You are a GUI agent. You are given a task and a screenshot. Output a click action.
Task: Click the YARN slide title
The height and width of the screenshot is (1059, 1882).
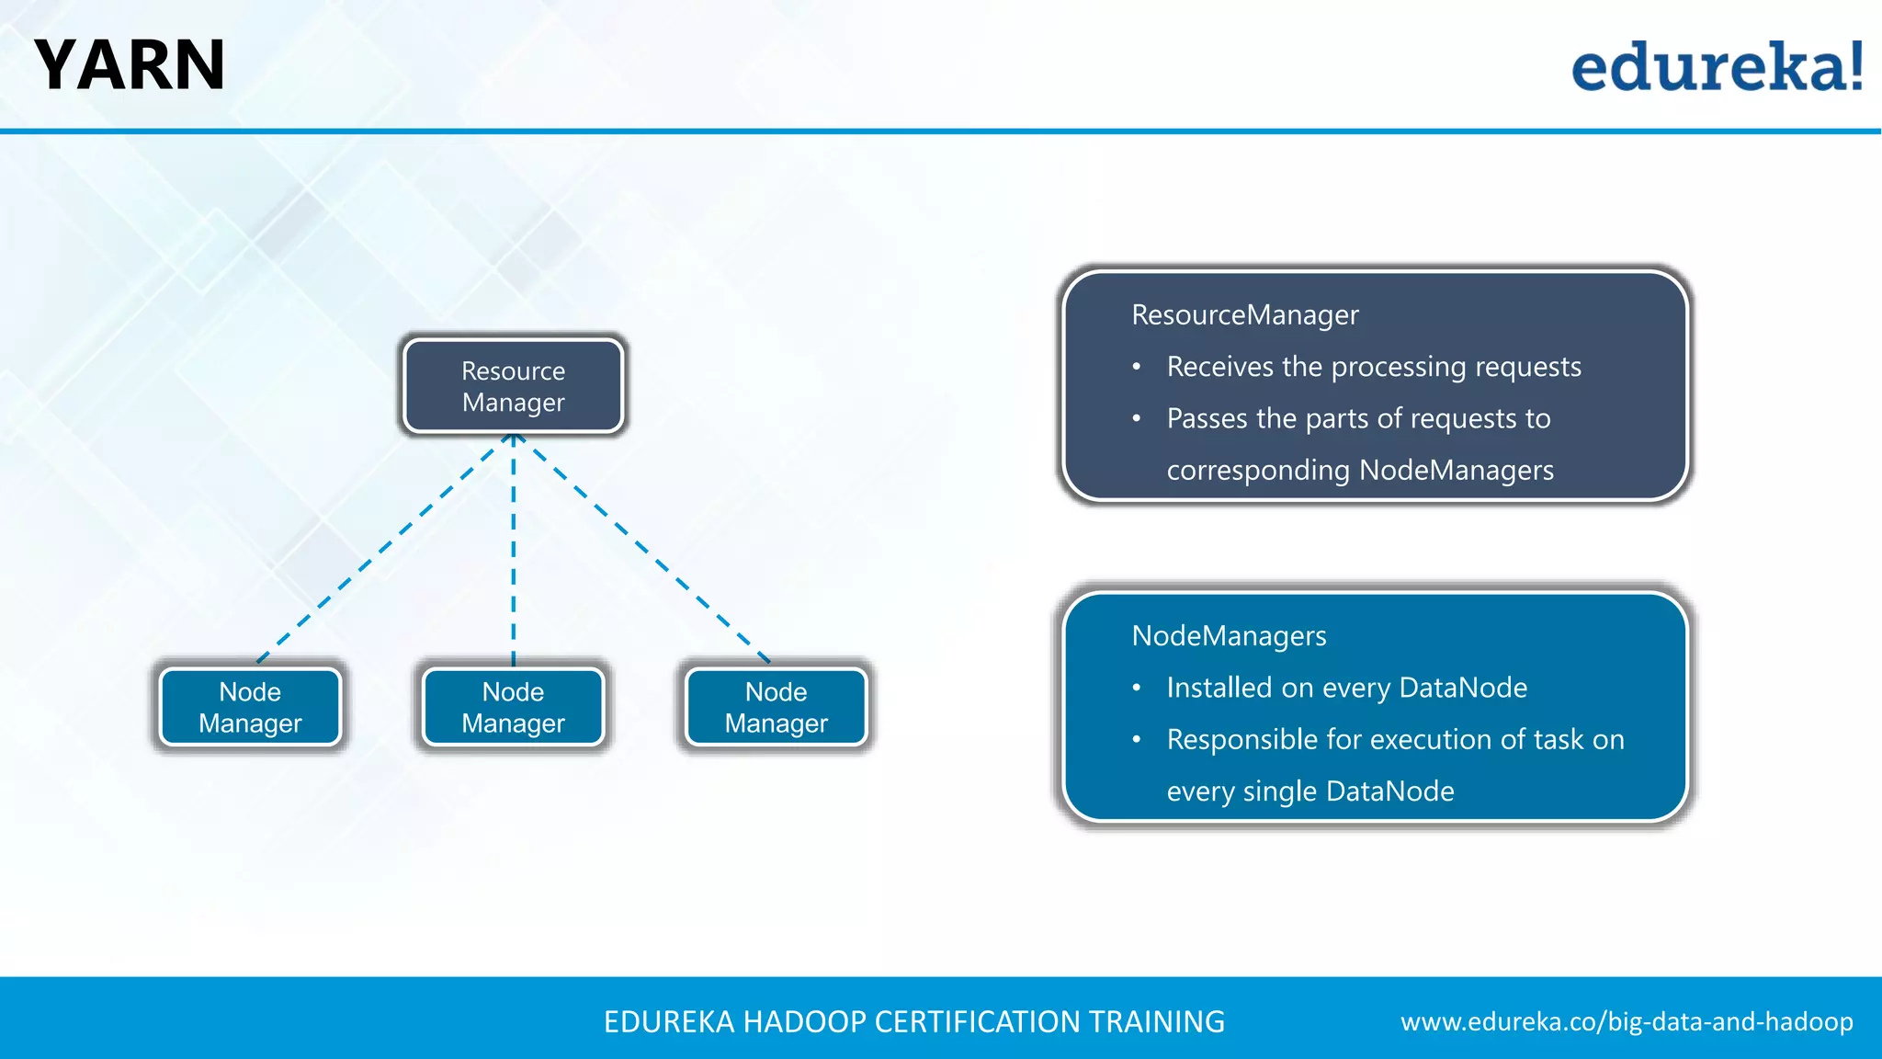[130, 66]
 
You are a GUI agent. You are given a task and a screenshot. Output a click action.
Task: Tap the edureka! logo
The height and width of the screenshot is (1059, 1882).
[1717, 67]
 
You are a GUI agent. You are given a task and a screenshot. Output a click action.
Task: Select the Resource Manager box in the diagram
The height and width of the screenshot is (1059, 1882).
[513, 386]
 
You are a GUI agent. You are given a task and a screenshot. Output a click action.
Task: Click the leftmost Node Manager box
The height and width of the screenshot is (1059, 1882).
[250, 707]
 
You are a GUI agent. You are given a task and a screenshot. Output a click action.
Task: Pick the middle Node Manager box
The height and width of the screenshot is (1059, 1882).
[513, 707]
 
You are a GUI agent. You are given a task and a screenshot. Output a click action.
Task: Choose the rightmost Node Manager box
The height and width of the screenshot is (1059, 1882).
[776, 707]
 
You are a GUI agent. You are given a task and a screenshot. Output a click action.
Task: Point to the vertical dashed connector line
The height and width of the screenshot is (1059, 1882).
[513, 552]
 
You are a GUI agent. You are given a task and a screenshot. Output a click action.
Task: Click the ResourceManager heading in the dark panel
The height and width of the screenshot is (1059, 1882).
[1244, 315]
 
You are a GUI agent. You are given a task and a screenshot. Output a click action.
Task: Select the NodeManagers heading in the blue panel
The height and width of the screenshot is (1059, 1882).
[1229, 636]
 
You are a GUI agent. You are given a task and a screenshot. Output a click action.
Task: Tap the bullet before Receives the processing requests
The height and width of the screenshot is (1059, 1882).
[1137, 368]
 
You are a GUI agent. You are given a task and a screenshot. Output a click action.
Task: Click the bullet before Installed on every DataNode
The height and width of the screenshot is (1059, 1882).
[1137, 689]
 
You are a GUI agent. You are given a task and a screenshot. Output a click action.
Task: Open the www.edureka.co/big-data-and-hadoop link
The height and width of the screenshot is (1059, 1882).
[1627, 1022]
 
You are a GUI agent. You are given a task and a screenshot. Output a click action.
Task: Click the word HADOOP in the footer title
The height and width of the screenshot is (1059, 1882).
[804, 1022]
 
